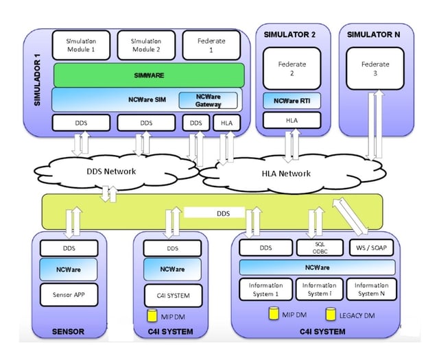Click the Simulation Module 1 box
[80, 46]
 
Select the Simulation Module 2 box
[145, 46]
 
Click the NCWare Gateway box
[208, 100]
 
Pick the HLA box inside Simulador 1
[226, 123]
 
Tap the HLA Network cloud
[285, 173]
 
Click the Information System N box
[370, 289]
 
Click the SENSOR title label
[68, 332]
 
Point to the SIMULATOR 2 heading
[293, 34]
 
